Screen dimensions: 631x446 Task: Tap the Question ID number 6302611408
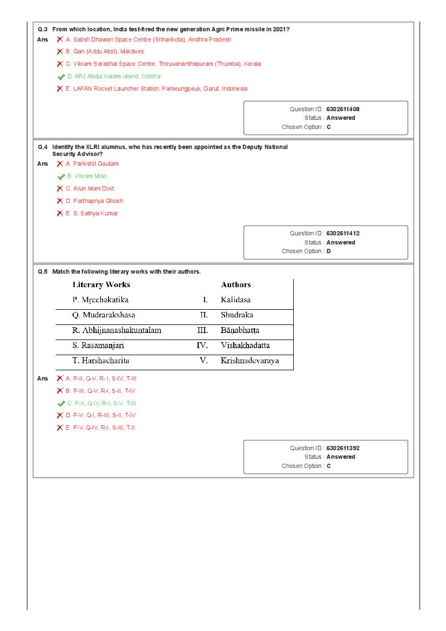click(x=343, y=109)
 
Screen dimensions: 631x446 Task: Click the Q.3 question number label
click(x=43, y=29)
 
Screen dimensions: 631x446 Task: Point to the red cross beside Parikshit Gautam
click(x=60, y=164)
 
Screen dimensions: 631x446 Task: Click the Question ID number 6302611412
click(x=343, y=233)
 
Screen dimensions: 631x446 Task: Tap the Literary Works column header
click(x=101, y=284)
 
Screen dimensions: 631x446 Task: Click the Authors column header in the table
click(x=236, y=284)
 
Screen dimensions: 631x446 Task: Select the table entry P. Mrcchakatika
click(x=100, y=300)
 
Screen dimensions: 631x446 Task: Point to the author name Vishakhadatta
click(x=245, y=345)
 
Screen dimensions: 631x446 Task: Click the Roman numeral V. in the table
click(x=204, y=361)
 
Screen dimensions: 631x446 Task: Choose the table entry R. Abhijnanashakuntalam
click(x=117, y=330)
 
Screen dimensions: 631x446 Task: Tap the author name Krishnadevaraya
click(x=249, y=361)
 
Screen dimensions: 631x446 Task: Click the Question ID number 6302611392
click(x=343, y=448)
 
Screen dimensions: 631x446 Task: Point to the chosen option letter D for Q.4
click(x=329, y=251)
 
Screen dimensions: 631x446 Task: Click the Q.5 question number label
click(x=43, y=272)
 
